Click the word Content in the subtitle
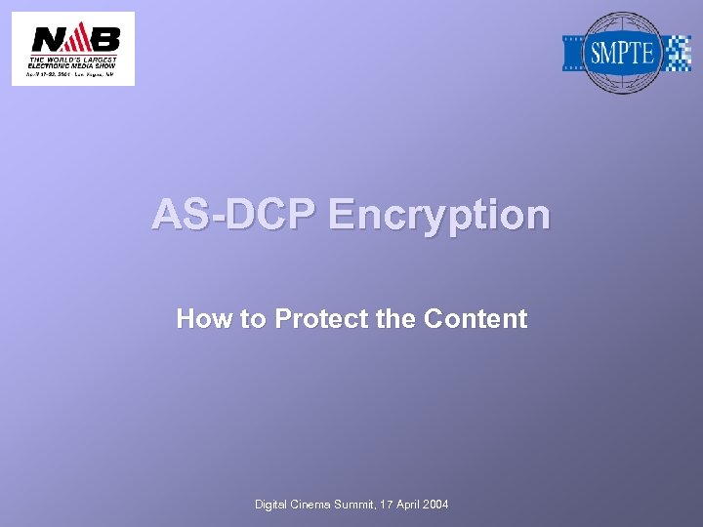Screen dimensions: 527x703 (476, 319)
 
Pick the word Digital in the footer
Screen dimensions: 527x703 (272, 505)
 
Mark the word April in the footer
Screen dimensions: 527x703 (422, 505)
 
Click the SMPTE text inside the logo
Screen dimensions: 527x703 (621, 53)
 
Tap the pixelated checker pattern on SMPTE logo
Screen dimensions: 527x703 (677, 53)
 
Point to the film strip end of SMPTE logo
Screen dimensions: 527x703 (574, 53)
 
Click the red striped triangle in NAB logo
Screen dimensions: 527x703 (74, 39)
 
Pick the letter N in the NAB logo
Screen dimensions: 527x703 (46, 39)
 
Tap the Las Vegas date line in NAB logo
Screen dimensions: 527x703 (73, 73)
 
